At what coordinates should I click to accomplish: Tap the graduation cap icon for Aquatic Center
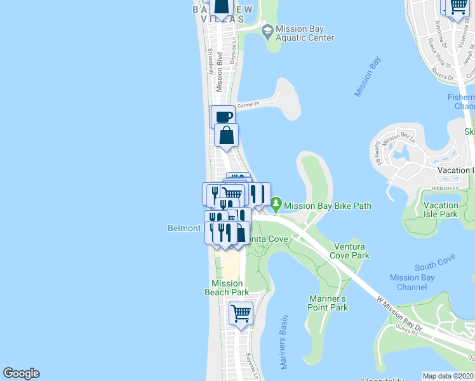pyautogui.click(x=268, y=30)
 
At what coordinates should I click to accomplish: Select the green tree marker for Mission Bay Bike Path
pyautogui.click(x=276, y=205)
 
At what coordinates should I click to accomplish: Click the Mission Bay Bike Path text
pyautogui.click(x=328, y=206)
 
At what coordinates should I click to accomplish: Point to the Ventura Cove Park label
pyautogui.click(x=349, y=251)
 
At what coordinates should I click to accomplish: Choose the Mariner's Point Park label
pyautogui.click(x=328, y=303)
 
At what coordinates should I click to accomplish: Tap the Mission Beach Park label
pyautogui.click(x=227, y=288)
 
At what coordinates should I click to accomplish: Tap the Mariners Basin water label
pyautogui.click(x=284, y=343)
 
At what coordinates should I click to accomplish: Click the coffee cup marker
pyautogui.click(x=224, y=117)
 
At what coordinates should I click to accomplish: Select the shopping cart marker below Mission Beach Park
pyautogui.click(x=241, y=313)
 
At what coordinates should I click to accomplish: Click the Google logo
pyautogui.click(x=21, y=373)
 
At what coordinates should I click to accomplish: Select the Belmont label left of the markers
pyautogui.click(x=184, y=228)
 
